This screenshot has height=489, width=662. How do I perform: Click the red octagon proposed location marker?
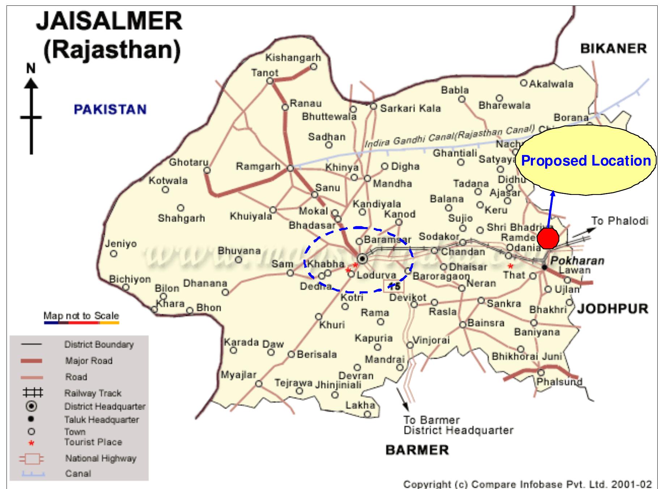click(x=548, y=238)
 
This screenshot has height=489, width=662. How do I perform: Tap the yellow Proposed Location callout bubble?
click(x=586, y=160)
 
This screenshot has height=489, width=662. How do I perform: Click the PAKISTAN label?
click(x=110, y=109)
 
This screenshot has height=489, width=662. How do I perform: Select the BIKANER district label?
click(x=613, y=49)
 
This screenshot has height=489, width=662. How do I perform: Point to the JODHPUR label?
click(x=613, y=309)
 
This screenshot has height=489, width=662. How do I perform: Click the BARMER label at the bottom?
click(x=417, y=450)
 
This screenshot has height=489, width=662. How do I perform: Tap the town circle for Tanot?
click(x=270, y=81)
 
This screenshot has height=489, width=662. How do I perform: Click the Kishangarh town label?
click(x=293, y=58)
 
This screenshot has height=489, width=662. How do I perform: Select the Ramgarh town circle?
click(x=290, y=168)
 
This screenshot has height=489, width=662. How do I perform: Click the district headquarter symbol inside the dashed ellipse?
click(x=362, y=259)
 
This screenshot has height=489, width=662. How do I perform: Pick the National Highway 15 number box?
click(x=394, y=287)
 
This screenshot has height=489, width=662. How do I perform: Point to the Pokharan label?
click(x=577, y=261)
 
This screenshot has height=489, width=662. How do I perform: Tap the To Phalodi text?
click(x=620, y=221)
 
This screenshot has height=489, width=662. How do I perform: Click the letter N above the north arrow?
click(x=31, y=68)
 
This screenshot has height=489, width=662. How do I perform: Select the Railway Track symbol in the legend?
click(x=33, y=393)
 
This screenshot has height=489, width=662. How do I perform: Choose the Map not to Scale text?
click(x=81, y=316)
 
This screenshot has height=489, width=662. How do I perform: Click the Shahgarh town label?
click(x=181, y=218)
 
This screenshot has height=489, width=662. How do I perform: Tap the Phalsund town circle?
click(x=541, y=372)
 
